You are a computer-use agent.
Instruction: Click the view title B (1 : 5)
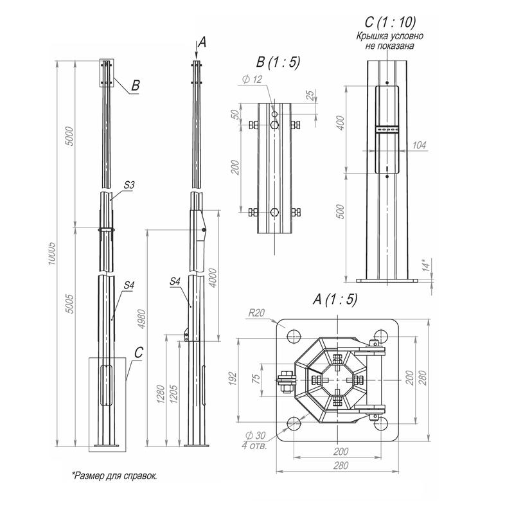click(x=278, y=62)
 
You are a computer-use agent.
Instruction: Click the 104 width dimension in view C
click(x=419, y=146)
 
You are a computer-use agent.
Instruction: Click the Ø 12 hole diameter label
click(x=254, y=79)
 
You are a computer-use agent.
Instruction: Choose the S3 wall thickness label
click(x=128, y=184)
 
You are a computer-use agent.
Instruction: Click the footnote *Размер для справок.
click(x=114, y=475)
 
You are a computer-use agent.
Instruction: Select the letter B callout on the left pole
click(x=136, y=84)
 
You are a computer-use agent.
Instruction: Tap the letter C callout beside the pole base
click(x=139, y=351)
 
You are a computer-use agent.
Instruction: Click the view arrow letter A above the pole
click(x=202, y=42)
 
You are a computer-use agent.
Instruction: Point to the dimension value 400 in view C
click(x=341, y=121)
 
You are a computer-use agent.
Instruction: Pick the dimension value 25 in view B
click(x=311, y=96)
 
